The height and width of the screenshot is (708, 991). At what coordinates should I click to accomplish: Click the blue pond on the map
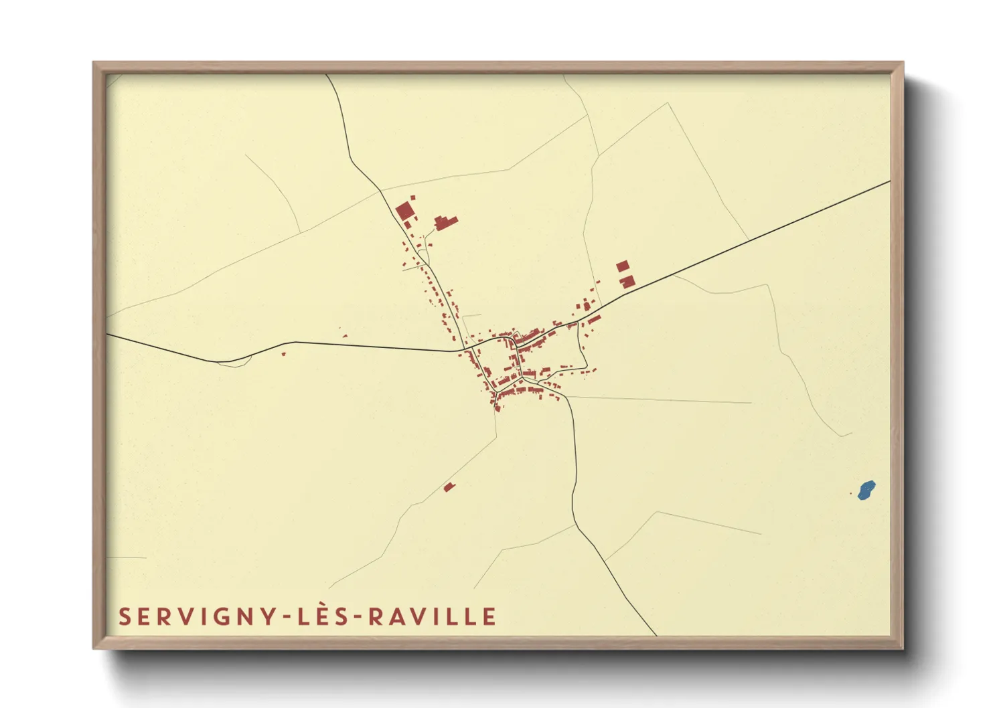866,491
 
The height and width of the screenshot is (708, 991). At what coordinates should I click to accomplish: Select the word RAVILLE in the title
433,616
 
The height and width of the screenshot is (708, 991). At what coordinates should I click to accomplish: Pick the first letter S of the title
124,616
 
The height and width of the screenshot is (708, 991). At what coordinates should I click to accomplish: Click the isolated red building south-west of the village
449,487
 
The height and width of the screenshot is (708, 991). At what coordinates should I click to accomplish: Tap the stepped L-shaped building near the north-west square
445,222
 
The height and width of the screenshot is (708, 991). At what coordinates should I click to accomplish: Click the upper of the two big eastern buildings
622,266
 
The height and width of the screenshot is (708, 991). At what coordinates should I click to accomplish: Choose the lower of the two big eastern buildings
627,282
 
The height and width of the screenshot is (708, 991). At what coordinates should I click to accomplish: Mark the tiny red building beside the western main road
283,353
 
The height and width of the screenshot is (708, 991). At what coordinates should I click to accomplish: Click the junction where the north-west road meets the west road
464,349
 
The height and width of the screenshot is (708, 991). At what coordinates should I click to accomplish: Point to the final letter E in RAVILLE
489,616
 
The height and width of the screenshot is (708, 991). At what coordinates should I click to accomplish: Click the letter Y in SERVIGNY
266,616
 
